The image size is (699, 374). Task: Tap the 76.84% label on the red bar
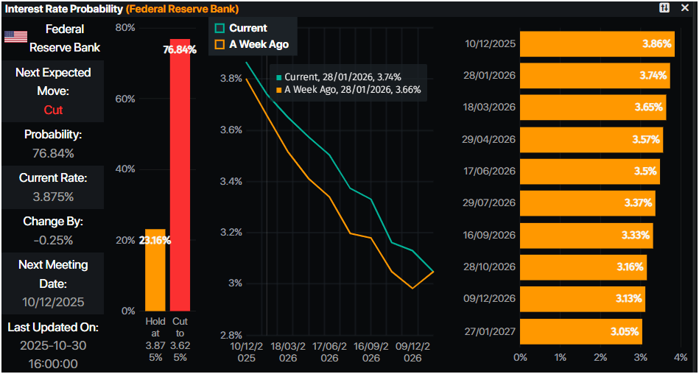[x=180, y=49]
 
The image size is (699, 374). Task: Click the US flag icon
[x=16, y=38]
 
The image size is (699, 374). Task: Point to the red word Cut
[x=53, y=110]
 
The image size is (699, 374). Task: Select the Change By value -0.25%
[x=53, y=240]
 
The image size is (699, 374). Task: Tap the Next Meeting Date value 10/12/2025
[x=53, y=302]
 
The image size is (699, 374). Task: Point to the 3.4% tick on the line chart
[x=231, y=181]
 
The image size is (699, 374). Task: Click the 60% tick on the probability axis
[x=124, y=99]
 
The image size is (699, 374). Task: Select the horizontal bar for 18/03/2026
[x=592, y=107]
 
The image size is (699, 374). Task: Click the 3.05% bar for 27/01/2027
[x=580, y=331]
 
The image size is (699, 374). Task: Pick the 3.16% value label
[x=630, y=267]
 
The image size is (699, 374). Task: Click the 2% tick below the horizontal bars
[x=600, y=357]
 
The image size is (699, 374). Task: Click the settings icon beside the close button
[x=664, y=7]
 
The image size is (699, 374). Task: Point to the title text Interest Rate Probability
[x=63, y=8]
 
